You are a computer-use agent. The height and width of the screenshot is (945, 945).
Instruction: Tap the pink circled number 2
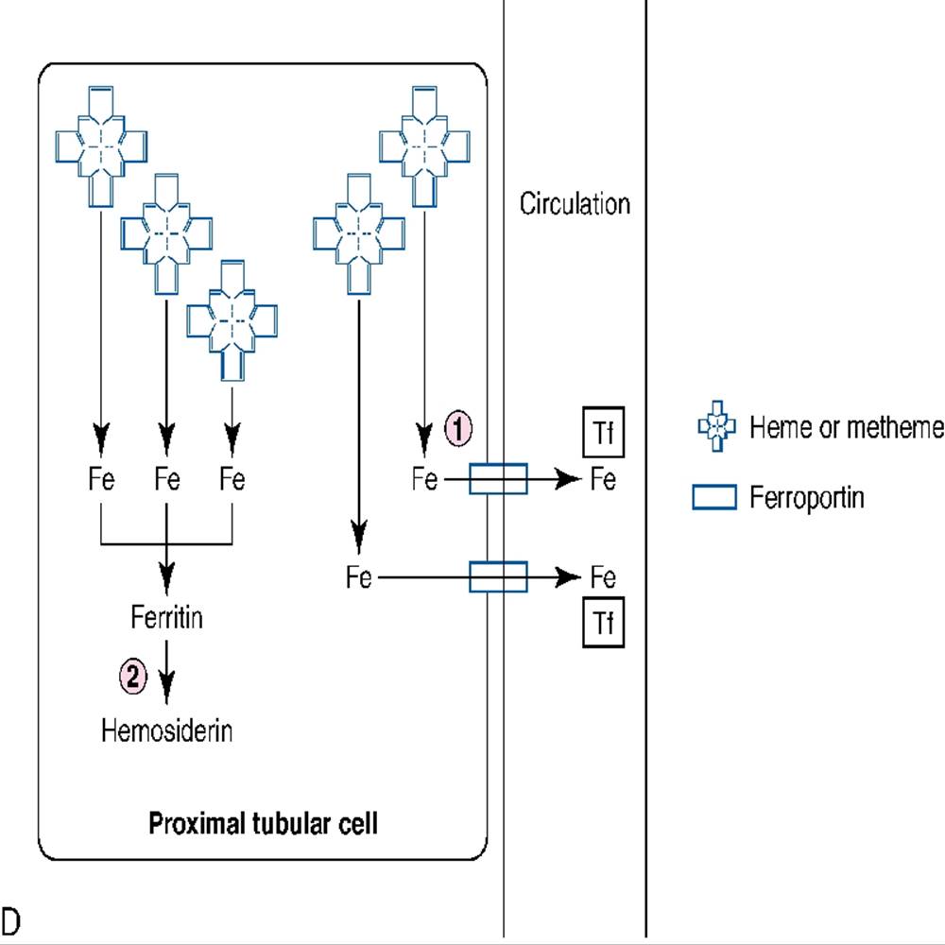point(133,677)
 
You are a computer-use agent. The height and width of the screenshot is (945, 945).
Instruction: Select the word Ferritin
point(166,620)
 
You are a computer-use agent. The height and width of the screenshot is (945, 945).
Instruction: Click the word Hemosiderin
point(166,730)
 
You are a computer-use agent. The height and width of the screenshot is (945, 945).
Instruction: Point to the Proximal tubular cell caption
point(263,823)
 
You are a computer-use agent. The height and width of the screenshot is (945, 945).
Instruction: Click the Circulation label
point(575,204)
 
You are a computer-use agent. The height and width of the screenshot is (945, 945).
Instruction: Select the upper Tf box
point(602,434)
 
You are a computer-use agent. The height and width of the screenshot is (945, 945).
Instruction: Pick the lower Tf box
point(602,623)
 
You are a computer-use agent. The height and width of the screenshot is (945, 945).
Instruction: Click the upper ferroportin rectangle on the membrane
point(498,479)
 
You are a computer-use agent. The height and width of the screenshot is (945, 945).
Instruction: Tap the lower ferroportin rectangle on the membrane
point(498,576)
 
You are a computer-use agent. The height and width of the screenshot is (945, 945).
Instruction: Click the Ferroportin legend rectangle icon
point(714,498)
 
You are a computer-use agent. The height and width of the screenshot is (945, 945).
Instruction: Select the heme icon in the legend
point(716,428)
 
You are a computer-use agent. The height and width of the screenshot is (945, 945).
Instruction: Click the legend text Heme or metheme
point(846,428)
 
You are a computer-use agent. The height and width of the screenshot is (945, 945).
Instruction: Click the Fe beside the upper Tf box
point(603,480)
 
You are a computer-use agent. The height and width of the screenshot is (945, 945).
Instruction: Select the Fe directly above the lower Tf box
point(603,576)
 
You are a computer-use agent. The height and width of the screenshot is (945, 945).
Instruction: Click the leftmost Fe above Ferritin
point(100,480)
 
